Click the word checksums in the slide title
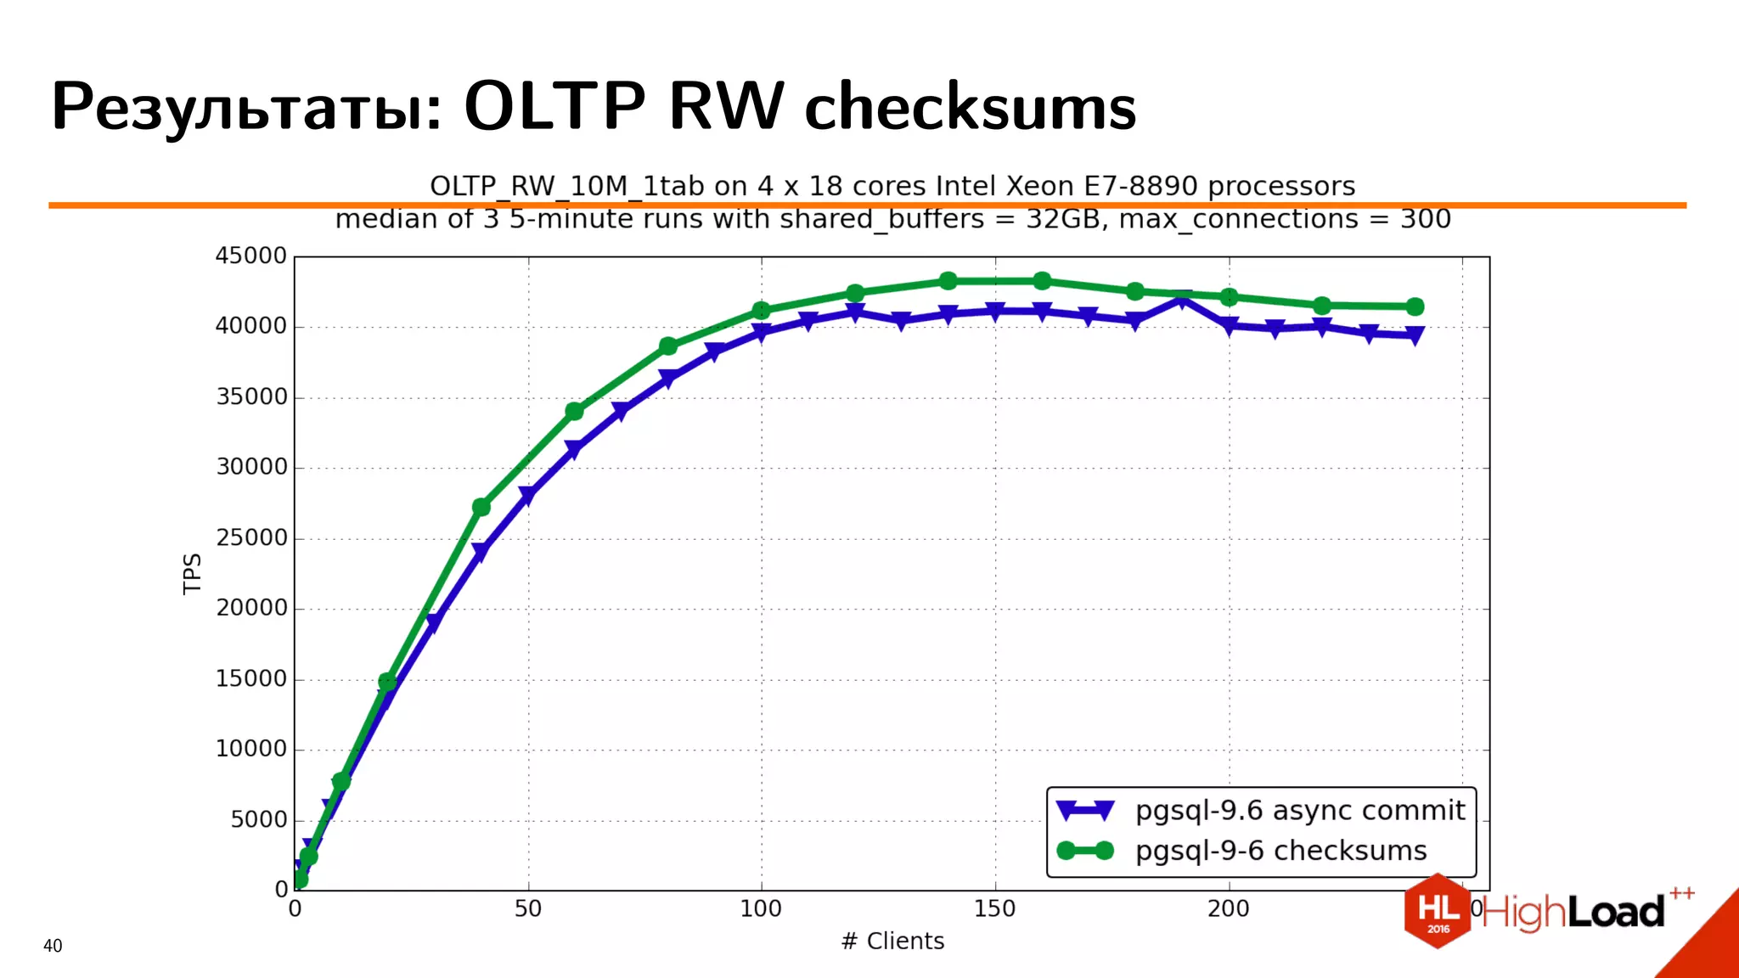click(970, 109)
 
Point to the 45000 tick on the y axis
click(251, 256)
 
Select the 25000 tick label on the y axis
click(251, 537)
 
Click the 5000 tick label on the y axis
click(259, 819)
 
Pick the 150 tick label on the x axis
click(994, 909)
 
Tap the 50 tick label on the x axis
click(527, 909)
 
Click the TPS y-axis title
click(193, 573)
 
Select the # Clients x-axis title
click(892, 941)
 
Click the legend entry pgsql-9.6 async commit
click(1299, 811)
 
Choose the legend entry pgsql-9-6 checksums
click(1280, 851)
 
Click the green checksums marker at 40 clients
click(481, 507)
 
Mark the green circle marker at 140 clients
click(948, 281)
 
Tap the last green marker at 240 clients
click(1415, 306)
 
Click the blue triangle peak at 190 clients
click(1182, 300)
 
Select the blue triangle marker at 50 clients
click(527, 496)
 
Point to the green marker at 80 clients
click(668, 346)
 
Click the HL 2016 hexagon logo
click(1438, 911)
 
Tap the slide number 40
click(53, 946)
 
